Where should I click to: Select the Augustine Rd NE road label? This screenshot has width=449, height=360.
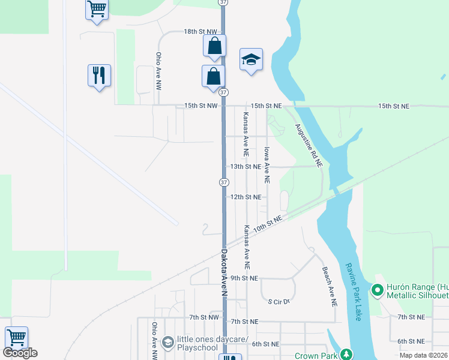click(309, 146)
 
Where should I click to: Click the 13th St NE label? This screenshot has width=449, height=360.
click(246, 166)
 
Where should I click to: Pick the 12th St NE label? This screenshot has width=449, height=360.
click(246, 197)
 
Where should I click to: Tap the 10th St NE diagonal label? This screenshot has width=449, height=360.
click(268, 224)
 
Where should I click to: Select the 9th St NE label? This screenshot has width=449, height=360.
click(244, 278)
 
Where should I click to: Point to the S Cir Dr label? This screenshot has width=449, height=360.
click(279, 301)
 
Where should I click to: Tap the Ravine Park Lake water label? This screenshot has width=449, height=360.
click(352, 291)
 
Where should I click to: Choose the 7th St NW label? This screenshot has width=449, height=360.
click(204, 317)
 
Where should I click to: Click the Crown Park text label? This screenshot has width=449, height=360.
click(316, 356)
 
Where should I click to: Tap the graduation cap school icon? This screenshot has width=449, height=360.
click(251, 59)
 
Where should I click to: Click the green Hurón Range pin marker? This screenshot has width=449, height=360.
click(378, 291)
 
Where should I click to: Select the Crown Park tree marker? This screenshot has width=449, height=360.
click(346, 355)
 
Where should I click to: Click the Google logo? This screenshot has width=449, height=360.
click(20, 353)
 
